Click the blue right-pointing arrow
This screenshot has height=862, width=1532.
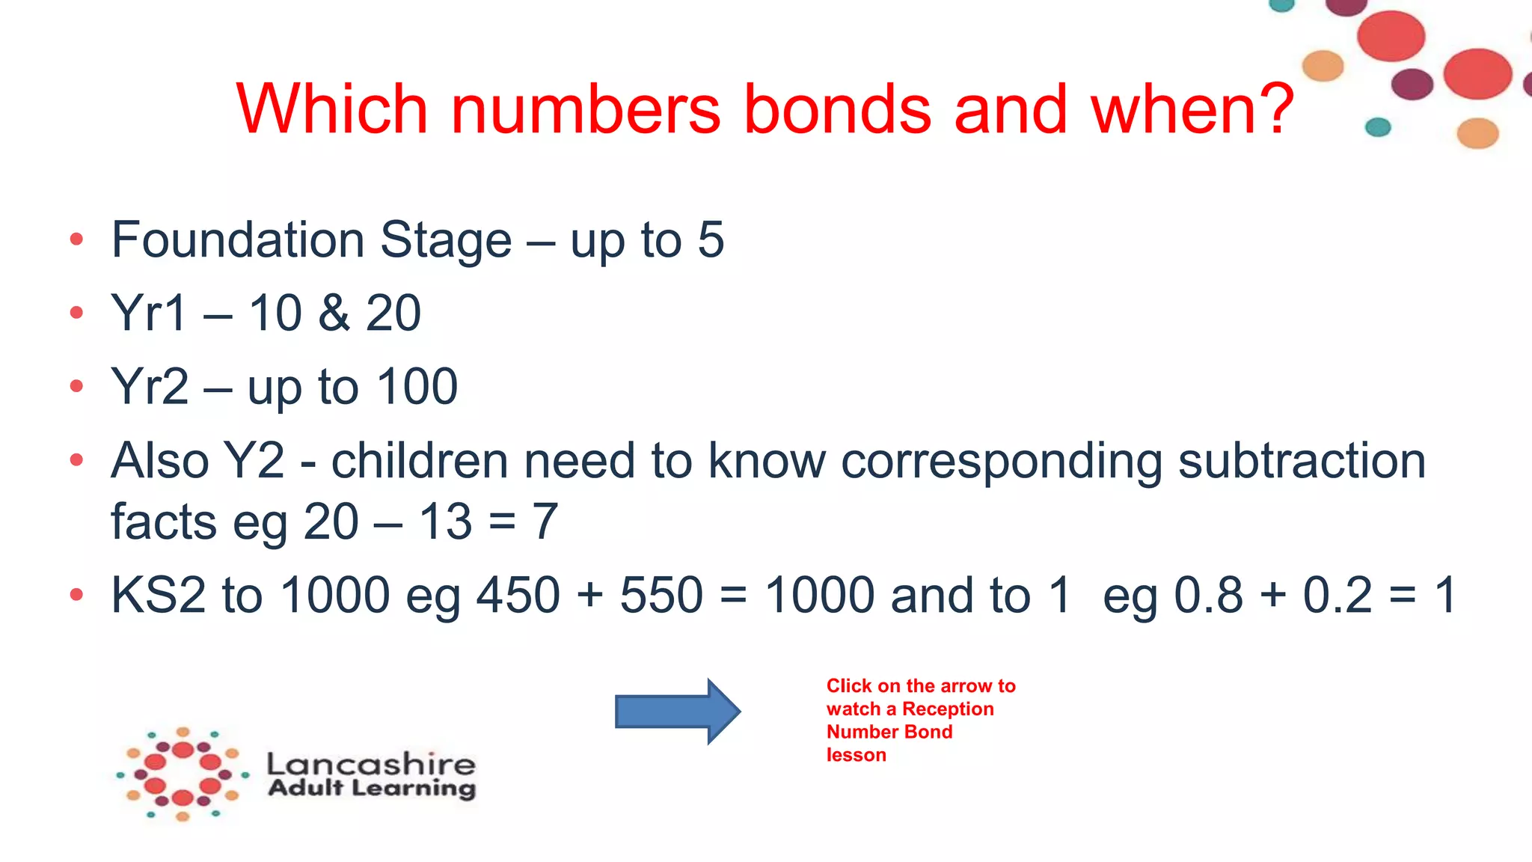coord(677,711)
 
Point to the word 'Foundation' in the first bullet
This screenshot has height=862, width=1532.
coord(237,240)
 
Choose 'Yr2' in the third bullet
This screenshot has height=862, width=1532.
coord(150,387)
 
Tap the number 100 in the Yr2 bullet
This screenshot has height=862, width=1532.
coord(417,387)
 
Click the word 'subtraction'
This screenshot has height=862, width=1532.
coord(1302,461)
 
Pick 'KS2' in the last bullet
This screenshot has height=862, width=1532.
coord(158,596)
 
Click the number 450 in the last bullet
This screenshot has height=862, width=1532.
coord(518,596)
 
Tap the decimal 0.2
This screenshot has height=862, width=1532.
coord(1338,596)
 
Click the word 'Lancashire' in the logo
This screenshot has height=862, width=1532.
coord(371,764)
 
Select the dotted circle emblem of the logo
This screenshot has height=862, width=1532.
coord(183,774)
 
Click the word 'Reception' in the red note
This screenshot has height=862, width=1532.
coord(948,709)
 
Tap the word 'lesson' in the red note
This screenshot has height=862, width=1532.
coord(856,755)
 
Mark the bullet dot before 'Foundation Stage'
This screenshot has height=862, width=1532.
coord(76,240)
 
